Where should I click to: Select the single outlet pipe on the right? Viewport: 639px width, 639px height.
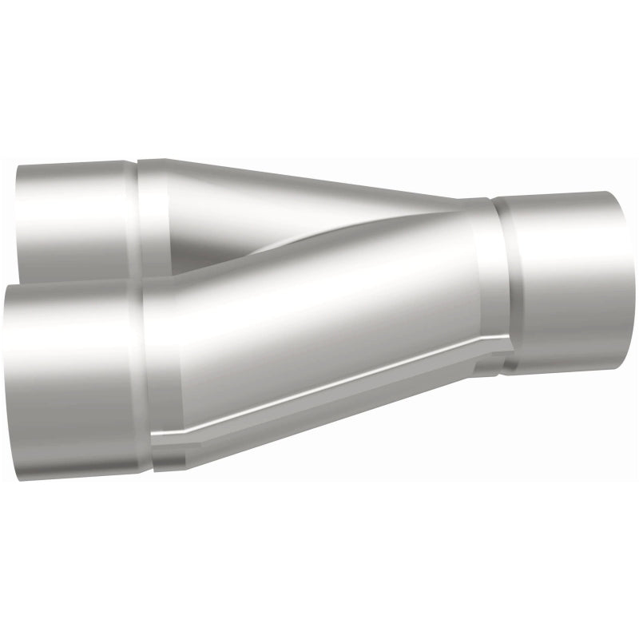(567, 280)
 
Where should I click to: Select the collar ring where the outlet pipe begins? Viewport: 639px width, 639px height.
(503, 284)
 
